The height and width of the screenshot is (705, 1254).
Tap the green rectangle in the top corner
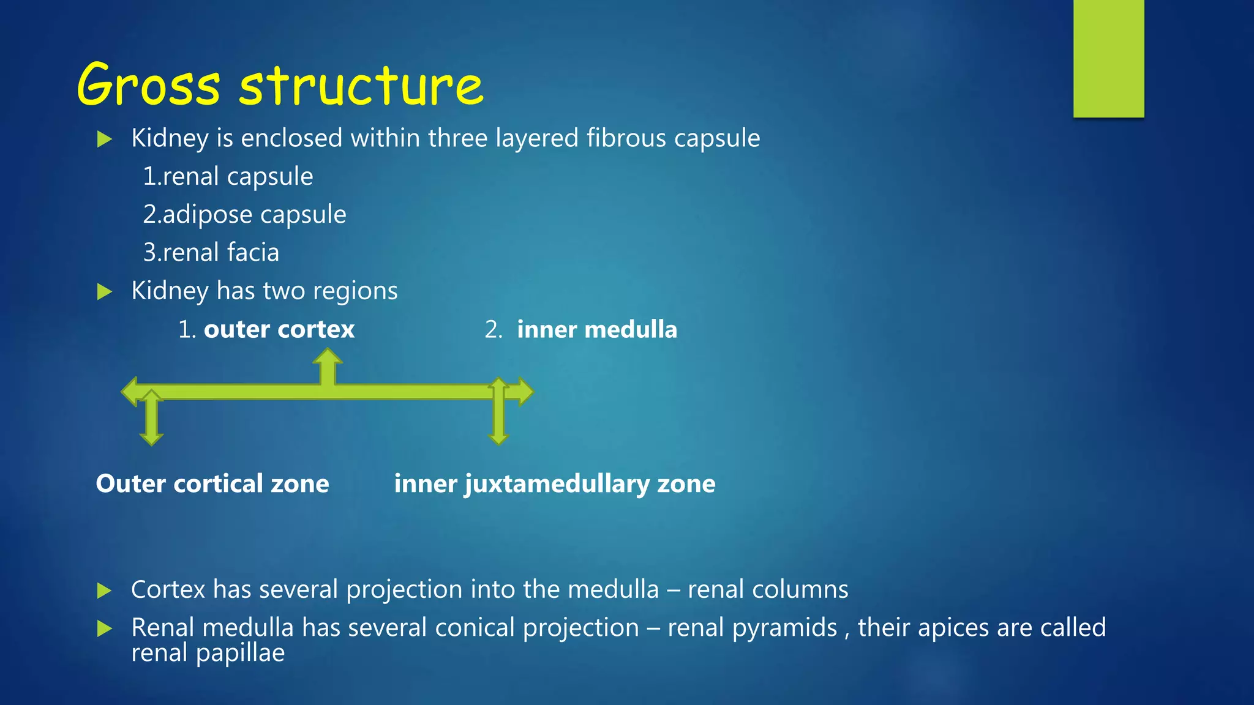click(x=1108, y=58)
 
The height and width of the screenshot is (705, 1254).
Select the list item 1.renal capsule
click(x=228, y=176)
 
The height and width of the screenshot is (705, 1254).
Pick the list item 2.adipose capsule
click(x=244, y=214)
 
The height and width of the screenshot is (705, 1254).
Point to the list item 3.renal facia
click(x=211, y=252)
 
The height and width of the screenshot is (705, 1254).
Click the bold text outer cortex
click(x=279, y=329)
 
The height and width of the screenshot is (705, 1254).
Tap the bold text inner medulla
click(x=597, y=329)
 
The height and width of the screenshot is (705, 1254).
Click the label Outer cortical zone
click(x=212, y=483)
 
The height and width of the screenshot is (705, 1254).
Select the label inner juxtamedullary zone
click(x=554, y=483)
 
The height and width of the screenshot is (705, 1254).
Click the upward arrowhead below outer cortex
click(x=328, y=356)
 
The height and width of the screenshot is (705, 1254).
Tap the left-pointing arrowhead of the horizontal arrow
click(x=129, y=392)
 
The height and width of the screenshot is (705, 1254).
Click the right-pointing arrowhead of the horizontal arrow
click(x=526, y=392)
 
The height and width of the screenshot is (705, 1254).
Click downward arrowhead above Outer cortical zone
click(x=151, y=438)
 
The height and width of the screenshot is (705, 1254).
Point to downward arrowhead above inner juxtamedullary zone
click(x=498, y=438)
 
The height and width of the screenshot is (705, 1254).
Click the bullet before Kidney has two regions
click(x=105, y=291)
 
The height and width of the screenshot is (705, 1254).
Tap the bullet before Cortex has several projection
click(x=105, y=591)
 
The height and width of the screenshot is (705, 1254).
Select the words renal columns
click(x=768, y=589)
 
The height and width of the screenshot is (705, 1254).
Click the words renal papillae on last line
click(x=208, y=652)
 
